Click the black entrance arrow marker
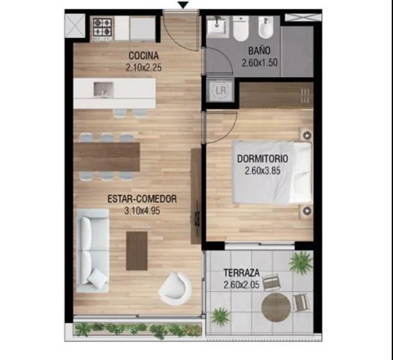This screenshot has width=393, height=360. [183, 5]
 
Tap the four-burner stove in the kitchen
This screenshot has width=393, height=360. [102, 28]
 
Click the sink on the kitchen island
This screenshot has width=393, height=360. [103, 90]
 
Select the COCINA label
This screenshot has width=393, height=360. [144, 55]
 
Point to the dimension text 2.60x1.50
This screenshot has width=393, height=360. [260, 62]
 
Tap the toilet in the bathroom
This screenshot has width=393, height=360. [240, 29]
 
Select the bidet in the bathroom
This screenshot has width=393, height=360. [265, 28]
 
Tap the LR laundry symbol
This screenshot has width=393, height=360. [221, 90]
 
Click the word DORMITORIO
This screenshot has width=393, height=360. [262, 159]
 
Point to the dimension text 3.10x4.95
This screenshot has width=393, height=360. [142, 210]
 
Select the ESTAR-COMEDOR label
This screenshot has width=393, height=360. [142, 199]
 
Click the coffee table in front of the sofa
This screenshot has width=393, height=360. [137, 251]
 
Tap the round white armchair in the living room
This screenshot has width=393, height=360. [175, 288]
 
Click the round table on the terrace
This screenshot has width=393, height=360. [276, 307]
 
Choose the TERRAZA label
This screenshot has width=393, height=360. [241, 273]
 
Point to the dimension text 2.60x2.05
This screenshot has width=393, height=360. [241, 285]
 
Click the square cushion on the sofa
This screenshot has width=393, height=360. [97, 276]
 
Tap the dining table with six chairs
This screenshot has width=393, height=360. [107, 157]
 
